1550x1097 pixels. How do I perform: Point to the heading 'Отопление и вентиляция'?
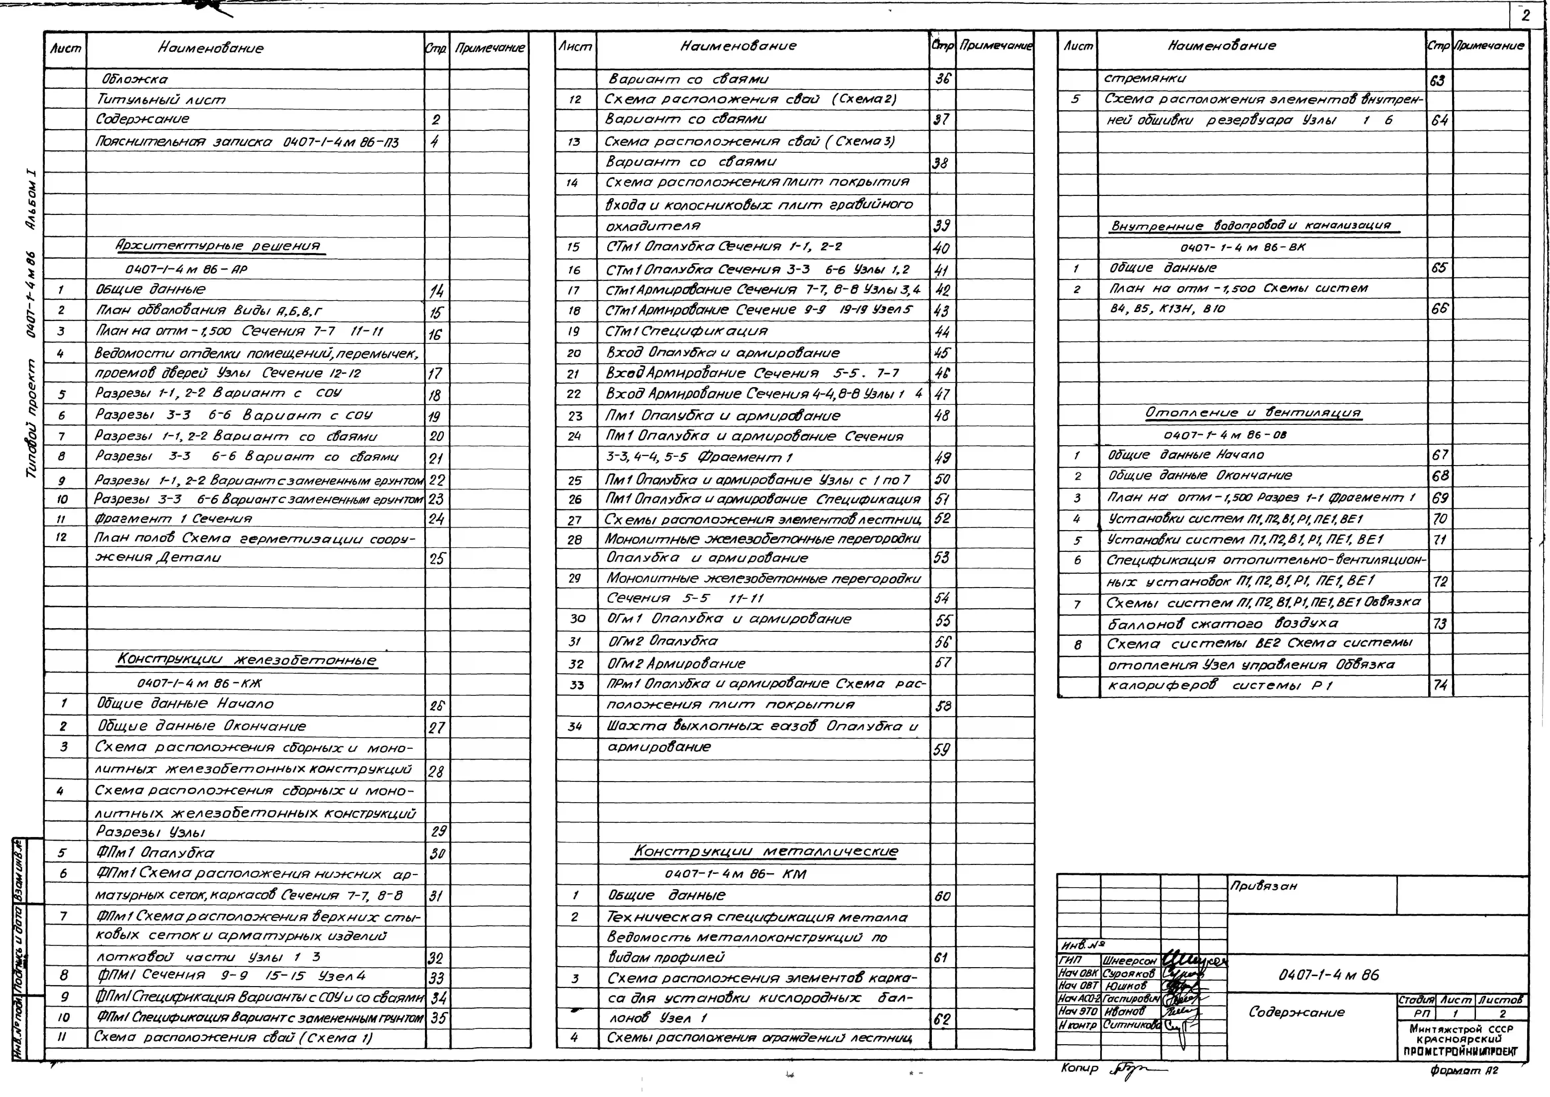(1253, 413)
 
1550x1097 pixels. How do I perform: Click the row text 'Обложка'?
(135, 79)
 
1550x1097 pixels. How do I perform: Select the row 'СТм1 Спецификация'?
(687, 331)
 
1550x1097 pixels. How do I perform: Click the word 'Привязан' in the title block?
(1263, 886)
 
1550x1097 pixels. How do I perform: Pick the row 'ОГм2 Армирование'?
(675, 663)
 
